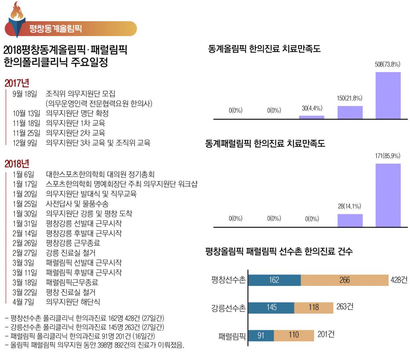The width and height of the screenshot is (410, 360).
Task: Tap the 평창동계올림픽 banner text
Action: click(x=56, y=28)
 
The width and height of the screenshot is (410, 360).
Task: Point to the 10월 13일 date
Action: click(x=27, y=113)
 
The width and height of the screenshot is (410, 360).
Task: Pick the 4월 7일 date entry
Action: click(x=24, y=302)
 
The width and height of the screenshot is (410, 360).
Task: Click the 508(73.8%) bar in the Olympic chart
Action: click(x=388, y=95)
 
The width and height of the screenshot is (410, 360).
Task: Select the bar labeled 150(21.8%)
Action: click(x=350, y=112)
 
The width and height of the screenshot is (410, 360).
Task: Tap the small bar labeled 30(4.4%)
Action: click(x=312, y=117)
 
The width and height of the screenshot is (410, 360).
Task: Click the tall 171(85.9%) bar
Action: click(x=388, y=195)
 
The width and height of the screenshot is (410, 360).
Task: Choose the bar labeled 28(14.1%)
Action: click(x=350, y=220)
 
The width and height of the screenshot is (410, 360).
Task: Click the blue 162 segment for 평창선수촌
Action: click(x=274, y=280)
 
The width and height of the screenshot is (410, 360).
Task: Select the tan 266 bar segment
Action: click(x=344, y=280)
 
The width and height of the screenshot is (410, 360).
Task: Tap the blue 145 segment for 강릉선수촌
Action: click(x=271, y=308)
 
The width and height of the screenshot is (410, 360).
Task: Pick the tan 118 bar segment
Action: click(x=314, y=308)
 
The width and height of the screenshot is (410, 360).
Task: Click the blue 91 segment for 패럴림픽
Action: click(x=261, y=335)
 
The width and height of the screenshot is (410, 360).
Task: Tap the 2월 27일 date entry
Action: click(x=25, y=253)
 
